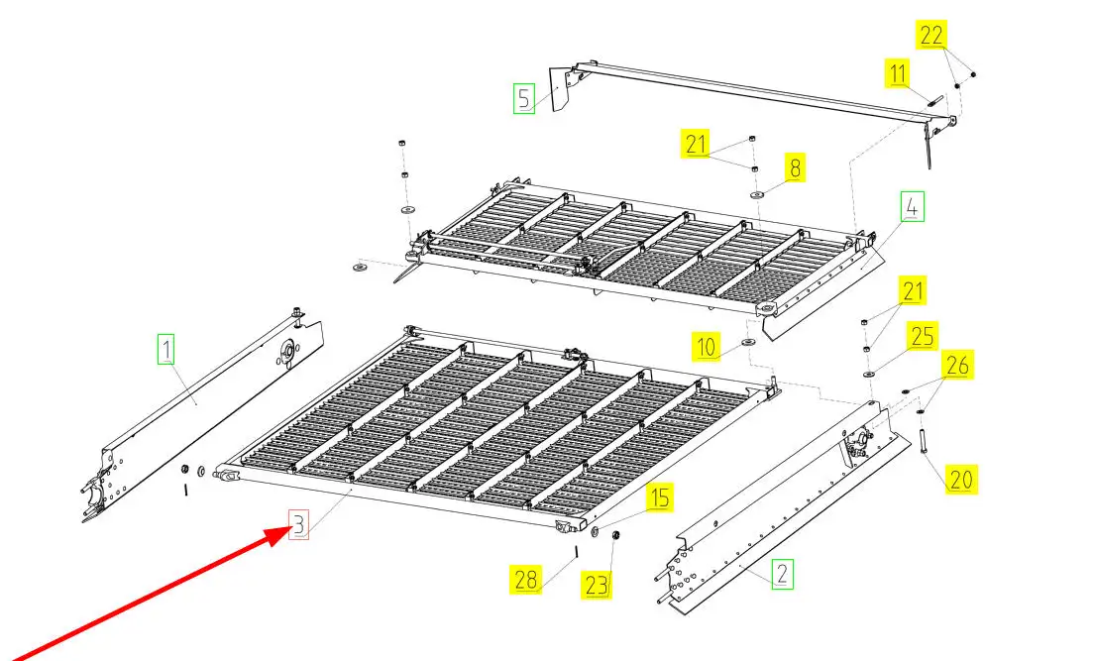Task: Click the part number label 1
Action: point(166,349)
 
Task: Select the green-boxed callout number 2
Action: point(782,574)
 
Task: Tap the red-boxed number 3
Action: point(298,524)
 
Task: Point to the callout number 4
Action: point(912,206)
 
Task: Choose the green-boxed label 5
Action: point(524,98)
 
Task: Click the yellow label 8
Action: point(795,167)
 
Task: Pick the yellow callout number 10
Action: point(707,347)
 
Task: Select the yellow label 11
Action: point(898,73)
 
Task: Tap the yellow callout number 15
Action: point(659,497)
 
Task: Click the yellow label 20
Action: point(961,480)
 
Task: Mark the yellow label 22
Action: point(931,35)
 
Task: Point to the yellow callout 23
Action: point(597,585)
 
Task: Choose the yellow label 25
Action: point(923,336)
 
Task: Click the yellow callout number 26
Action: point(957,365)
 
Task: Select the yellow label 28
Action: point(525,580)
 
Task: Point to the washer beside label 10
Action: point(748,342)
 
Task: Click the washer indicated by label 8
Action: point(757,195)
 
